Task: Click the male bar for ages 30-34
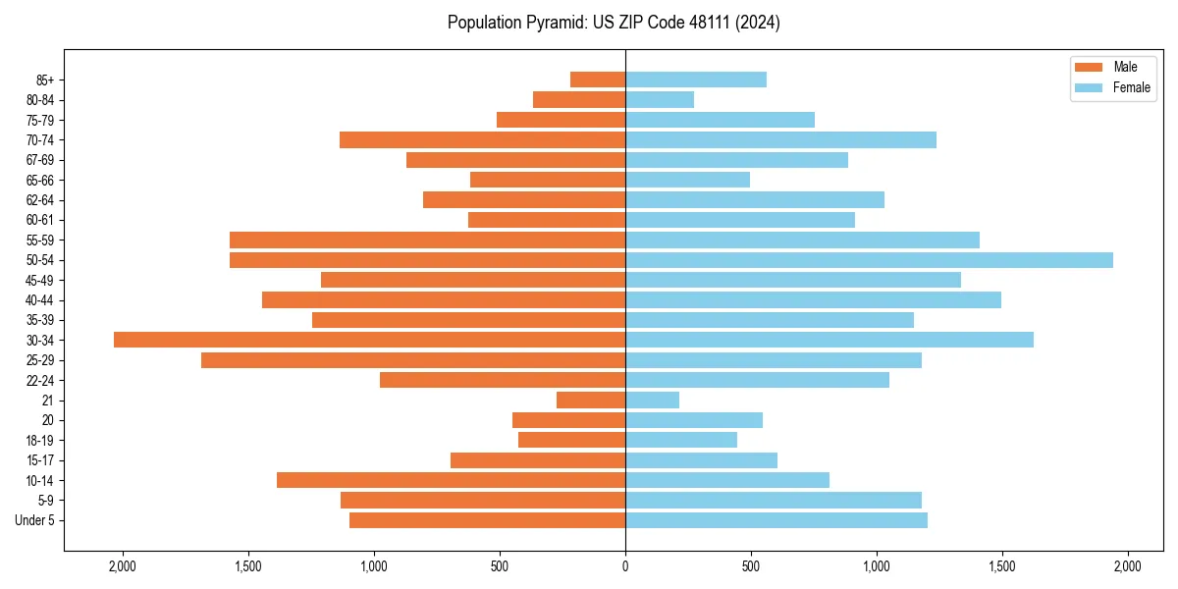(x=369, y=340)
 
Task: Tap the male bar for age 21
(x=591, y=401)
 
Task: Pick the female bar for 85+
(x=696, y=80)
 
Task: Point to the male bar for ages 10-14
(x=451, y=480)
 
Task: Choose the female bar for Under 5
(x=776, y=520)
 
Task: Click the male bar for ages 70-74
(x=482, y=139)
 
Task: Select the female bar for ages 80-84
(x=660, y=99)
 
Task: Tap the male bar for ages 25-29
(x=413, y=360)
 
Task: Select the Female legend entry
(x=1113, y=87)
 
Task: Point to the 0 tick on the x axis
(x=625, y=566)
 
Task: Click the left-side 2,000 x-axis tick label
(x=123, y=566)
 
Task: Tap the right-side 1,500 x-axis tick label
(x=1002, y=566)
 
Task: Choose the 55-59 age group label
(x=40, y=240)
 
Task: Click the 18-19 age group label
(x=40, y=440)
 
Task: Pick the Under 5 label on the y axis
(x=35, y=520)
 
